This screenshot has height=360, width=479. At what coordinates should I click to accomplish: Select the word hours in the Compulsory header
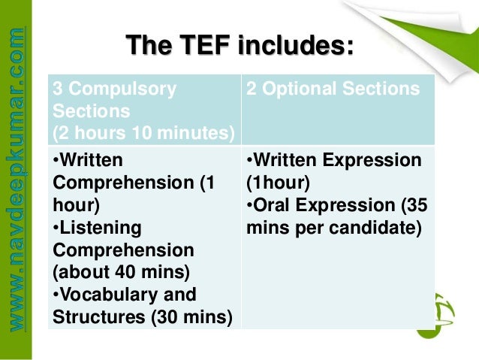pyautogui.click(x=96, y=133)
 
